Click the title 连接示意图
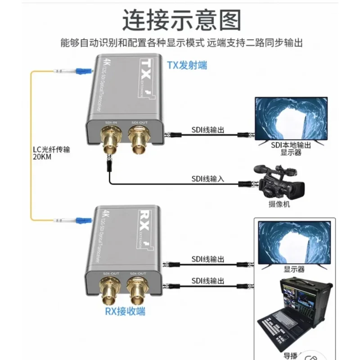pyautogui.click(x=182, y=20)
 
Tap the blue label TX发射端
pyautogui.click(x=187, y=65)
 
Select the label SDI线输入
pyautogui.click(x=207, y=179)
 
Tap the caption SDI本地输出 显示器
pyautogui.click(x=291, y=149)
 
